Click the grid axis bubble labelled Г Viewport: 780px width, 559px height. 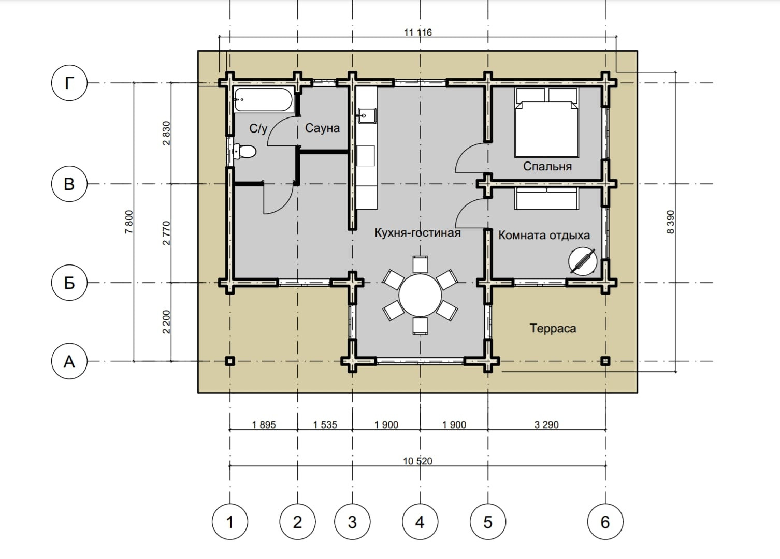coord(69,83)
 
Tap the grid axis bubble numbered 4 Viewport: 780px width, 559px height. coord(420,522)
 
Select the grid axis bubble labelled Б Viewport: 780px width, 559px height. coord(69,283)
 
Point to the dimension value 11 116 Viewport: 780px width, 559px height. coord(417,33)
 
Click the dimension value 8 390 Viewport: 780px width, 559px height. coord(670,222)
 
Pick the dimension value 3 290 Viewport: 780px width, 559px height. coord(546,424)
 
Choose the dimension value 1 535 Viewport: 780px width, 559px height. coord(325,424)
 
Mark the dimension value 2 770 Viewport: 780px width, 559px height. coord(166,233)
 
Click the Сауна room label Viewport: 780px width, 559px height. coord(322,128)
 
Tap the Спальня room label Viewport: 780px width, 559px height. coord(547,166)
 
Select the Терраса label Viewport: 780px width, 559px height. coord(553,328)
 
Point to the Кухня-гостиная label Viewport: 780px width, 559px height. coord(417,232)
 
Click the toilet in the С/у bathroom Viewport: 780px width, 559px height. coord(244,152)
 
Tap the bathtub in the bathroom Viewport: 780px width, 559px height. coord(263,100)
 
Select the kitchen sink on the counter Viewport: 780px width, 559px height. coord(367,115)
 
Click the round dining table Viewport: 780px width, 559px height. coord(420,295)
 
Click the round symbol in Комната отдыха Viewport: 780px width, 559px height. coord(583,261)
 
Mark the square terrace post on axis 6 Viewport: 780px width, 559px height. coord(605,361)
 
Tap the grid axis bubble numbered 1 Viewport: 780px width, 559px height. coord(230,522)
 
